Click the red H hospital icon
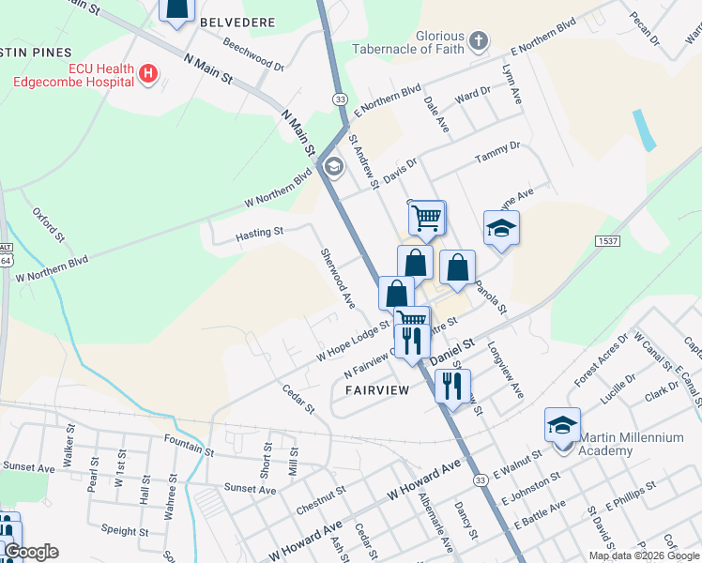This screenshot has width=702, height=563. coord(147,72)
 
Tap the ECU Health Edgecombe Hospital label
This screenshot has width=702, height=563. coord(73,74)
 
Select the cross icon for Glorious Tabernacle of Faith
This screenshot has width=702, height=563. coord(479,40)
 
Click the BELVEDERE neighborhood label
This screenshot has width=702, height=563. coord(238,22)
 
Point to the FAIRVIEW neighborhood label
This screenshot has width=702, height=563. coord(377,389)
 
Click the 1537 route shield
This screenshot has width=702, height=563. coord(606,241)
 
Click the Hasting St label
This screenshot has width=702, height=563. coord(259,232)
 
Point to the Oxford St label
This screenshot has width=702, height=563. coord(48,225)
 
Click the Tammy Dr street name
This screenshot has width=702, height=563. coord(497,151)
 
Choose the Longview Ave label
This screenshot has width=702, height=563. coord(504,369)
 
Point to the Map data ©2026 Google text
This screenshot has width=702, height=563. coord(644,555)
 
